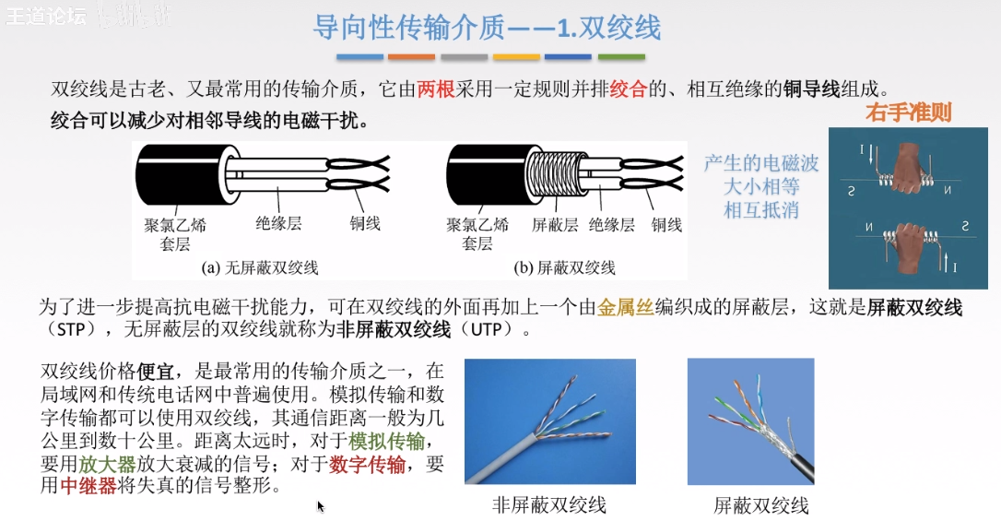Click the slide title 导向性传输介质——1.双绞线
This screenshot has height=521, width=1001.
tap(487, 28)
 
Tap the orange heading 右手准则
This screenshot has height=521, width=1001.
tap(908, 112)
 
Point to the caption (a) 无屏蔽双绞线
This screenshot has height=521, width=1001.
tap(260, 268)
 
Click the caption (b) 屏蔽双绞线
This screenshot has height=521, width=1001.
tap(565, 268)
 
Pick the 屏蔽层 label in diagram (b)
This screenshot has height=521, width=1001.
tap(555, 225)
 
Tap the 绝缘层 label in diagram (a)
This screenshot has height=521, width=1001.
tap(278, 225)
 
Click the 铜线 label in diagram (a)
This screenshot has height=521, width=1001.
tap(365, 224)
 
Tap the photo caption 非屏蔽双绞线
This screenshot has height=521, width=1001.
tap(549, 505)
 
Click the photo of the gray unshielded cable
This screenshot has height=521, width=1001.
tap(549, 421)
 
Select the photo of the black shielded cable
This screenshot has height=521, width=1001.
tap(750, 421)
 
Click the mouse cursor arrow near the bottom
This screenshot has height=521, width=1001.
tap(320, 505)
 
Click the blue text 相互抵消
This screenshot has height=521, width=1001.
tap(761, 209)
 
